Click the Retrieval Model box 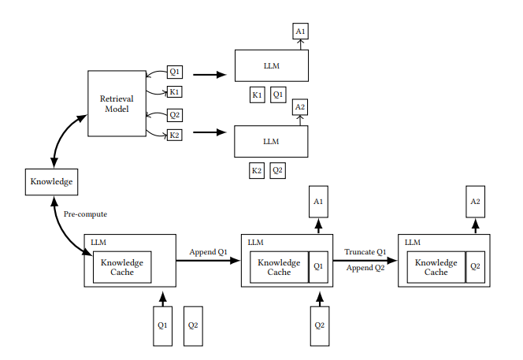coord(117,103)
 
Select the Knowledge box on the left coord(51,182)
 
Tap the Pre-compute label coord(85,214)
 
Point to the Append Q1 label coord(208,252)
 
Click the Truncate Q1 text coord(365,252)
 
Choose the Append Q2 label coord(365,268)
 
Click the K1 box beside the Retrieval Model coord(174,91)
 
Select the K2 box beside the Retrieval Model coord(174,135)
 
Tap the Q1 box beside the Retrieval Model coord(175,72)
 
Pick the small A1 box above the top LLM coord(300,32)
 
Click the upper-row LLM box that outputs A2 coord(271,142)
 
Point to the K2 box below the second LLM coord(257,170)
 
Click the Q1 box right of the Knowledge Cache coord(318,267)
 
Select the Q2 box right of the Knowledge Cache coord(475,267)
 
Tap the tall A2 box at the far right coord(475,202)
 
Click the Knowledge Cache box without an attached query coord(122,267)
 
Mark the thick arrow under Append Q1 coord(208,261)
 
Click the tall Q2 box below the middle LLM coord(320,325)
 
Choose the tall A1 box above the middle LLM coord(318,202)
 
